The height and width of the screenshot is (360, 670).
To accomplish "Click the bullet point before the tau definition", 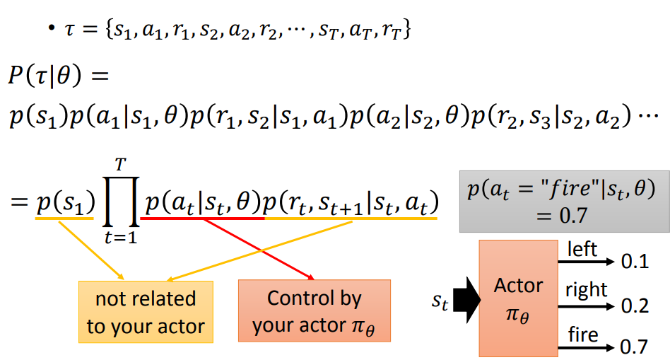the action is [52, 29].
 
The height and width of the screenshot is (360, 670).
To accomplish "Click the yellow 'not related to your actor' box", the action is [146, 312].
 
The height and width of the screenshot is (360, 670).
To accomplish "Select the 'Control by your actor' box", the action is [315, 310].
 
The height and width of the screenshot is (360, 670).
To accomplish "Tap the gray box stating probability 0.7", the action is [565, 202].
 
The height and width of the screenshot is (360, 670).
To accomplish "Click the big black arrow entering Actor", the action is [466, 300].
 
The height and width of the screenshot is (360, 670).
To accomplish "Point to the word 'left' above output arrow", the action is [582, 249].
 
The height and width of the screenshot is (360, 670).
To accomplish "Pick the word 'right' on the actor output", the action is [587, 290].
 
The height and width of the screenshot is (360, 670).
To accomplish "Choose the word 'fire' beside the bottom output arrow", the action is [583, 335].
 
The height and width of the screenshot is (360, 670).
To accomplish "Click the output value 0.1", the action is [635, 261].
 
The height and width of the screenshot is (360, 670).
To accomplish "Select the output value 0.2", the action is [635, 306].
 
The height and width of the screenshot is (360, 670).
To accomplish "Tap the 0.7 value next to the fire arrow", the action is [634, 347].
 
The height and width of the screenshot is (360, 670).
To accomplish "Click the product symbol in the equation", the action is [121, 202].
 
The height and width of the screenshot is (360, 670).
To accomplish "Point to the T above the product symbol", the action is [120, 165].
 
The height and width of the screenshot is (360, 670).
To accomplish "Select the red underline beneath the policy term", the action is [203, 219].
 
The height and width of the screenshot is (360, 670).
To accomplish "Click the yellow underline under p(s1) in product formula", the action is [64, 219].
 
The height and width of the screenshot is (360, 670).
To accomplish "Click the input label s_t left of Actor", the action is [440, 302].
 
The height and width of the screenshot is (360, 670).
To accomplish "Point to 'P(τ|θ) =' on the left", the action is [59, 76].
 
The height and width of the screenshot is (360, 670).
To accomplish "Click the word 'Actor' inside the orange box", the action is [518, 285].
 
